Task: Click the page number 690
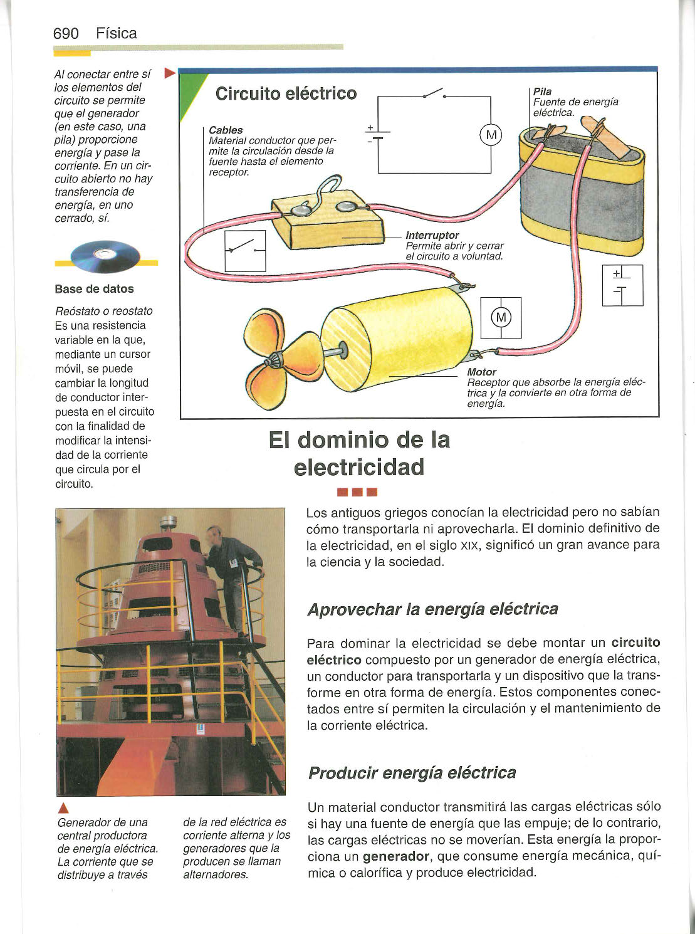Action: point(66,34)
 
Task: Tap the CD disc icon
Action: point(103,257)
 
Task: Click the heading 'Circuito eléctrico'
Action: point(286,94)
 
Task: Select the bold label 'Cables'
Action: point(226,130)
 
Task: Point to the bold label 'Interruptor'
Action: point(432,235)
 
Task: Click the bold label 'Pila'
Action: point(542,92)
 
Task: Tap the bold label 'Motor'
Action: point(482,372)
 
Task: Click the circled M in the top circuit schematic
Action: point(491,135)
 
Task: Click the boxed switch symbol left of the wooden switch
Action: point(245,251)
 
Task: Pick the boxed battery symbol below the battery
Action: point(622,285)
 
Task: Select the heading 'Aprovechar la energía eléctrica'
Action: point(432,609)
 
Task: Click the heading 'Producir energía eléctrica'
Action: point(412,772)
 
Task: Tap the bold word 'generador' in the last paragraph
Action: point(395,856)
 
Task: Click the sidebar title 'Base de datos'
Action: point(94,289)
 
